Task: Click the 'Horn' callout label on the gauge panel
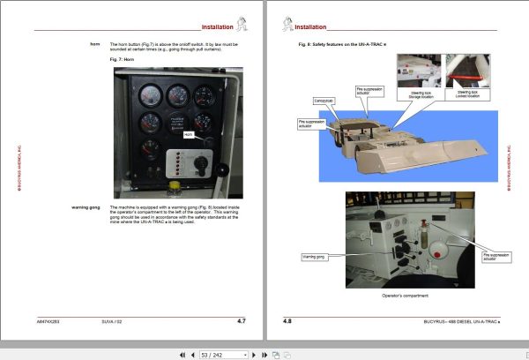[188, 135]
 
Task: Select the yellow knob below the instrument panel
[176, 186]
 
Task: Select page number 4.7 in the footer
[242, 320]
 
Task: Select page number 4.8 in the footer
[287, 320]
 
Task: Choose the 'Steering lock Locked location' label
[467, 92]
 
